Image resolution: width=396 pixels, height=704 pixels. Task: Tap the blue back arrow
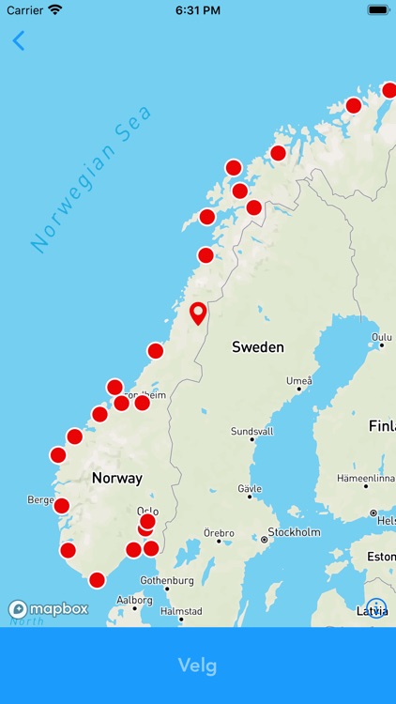[x=19, y=40]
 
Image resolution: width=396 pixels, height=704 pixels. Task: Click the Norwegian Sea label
[x=91, y=179]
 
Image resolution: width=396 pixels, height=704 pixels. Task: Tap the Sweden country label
[x=257, y=347]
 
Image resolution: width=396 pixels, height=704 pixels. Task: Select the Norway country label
[x=117, y=478]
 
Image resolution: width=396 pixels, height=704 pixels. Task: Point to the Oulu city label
[x=381, y=337]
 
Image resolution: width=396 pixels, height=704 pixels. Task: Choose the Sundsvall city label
[x=252, y=432]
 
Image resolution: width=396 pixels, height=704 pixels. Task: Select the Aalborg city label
[x=134, y=600]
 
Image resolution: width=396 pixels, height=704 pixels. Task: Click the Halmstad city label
[x=181, y=610]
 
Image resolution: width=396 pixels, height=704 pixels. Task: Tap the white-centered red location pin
[x=198, y=313]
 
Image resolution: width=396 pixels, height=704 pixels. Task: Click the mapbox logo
[x=49, y=608]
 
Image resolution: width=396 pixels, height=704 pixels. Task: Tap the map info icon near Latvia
[x=376, y=608]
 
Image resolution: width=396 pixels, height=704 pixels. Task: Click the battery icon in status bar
[x=378, y=9]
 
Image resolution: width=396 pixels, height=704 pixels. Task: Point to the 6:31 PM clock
[x=197, y=9]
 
